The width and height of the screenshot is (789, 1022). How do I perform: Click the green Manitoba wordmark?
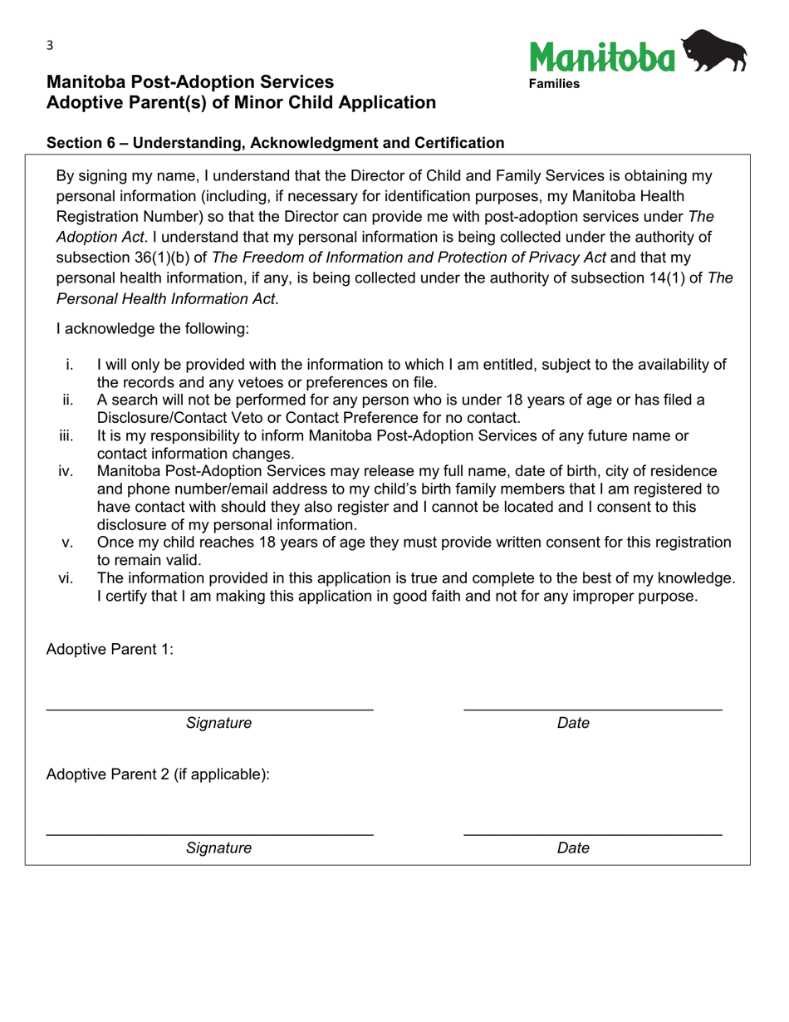coord(602,57)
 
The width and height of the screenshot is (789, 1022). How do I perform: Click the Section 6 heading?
coord(275,143)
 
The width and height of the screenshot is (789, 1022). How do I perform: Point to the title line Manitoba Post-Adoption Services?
coord(190,82)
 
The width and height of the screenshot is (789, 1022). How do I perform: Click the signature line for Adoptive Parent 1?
coord(209,708)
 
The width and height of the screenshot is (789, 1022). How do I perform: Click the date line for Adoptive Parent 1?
coord(592,708)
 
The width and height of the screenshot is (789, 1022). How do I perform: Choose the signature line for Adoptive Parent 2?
coord(209,833)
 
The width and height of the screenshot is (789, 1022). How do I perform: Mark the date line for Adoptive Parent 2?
coord(592,833)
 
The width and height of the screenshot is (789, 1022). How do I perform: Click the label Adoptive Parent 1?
coord(110,650)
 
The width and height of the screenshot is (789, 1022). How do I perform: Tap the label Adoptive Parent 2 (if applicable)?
coord(158,774)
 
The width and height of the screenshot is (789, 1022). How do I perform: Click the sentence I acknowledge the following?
coord(152,329)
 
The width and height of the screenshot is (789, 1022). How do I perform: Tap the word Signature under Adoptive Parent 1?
coord(218,724)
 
